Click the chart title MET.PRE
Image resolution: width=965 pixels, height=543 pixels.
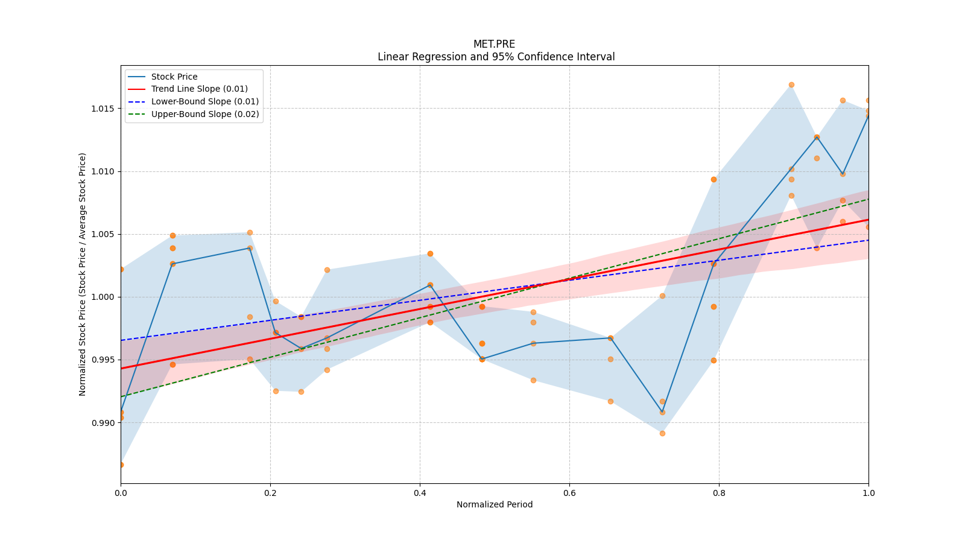[494, 44]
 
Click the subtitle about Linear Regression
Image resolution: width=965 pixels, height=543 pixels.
[496, 57]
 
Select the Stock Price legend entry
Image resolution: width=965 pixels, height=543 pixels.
[174, 77]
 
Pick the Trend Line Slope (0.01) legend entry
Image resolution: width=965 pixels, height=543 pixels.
[199, 89]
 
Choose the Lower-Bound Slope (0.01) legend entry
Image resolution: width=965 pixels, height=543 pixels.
[204, 101]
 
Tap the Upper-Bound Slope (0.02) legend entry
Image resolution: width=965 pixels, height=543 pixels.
[204, 114]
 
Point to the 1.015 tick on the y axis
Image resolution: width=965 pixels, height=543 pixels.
[103, 109]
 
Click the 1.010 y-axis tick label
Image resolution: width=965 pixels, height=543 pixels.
[103, 171]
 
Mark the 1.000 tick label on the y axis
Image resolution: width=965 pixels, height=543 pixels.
[103, 297]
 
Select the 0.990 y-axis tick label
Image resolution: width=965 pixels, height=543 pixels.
[103, 423]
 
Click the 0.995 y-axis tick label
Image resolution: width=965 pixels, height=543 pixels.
[103, 360]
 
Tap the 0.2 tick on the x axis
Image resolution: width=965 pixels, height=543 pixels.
[270, 493]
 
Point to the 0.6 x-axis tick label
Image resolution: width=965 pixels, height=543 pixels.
[569, 493]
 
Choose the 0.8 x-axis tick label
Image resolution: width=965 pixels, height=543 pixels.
[719, 493]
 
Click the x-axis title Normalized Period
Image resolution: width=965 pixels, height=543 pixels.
[495, 504]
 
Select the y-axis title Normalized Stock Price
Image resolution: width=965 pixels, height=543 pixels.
[83, 274]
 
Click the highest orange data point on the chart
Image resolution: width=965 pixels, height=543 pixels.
[791, 84]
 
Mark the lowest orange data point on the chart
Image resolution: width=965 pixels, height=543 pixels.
[121, 465]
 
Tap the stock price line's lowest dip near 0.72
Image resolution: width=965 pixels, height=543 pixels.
[662, 412]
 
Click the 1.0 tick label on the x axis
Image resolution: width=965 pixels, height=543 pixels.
[868, 493]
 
